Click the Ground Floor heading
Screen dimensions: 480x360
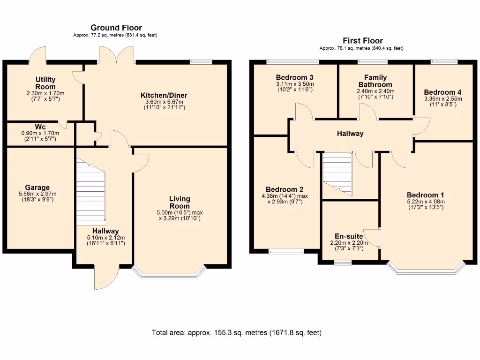coord(116,28)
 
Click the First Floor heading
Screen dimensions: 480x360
coord(363,41)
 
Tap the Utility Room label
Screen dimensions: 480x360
coord(45,83)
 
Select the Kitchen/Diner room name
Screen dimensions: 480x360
coord(164,95)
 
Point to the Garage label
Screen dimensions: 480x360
coord(37,187)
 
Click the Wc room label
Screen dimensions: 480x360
coord(40,127)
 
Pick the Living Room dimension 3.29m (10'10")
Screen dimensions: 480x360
coord(180,218)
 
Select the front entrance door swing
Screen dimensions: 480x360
coord(106,277)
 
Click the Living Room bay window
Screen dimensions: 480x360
coord(169,274)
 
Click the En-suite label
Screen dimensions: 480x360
coord(349,236)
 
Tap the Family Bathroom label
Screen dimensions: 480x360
coord(375,81)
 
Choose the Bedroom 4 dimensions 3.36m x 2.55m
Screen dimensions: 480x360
coord(443,98)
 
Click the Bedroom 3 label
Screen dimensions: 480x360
coord(294,77)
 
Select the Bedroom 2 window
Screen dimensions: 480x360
coord(286,252)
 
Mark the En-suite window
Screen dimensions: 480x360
coord(343,262)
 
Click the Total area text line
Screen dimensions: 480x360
coord(237,333)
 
